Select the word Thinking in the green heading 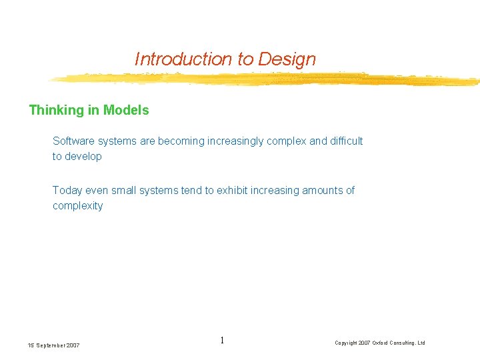pyautogui.click(x=56, y=111)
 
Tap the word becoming pyautogui.click(x=179, y=141)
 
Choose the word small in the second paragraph pyautogui.click(x=124, y=191)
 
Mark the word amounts pyautogui.click(x=322, y=191)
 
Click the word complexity pyautogui.click(x=78, y=206)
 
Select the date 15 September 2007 pyautogui.click(x=54, y=345)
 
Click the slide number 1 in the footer pyautogui.click(x=222, y=341)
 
